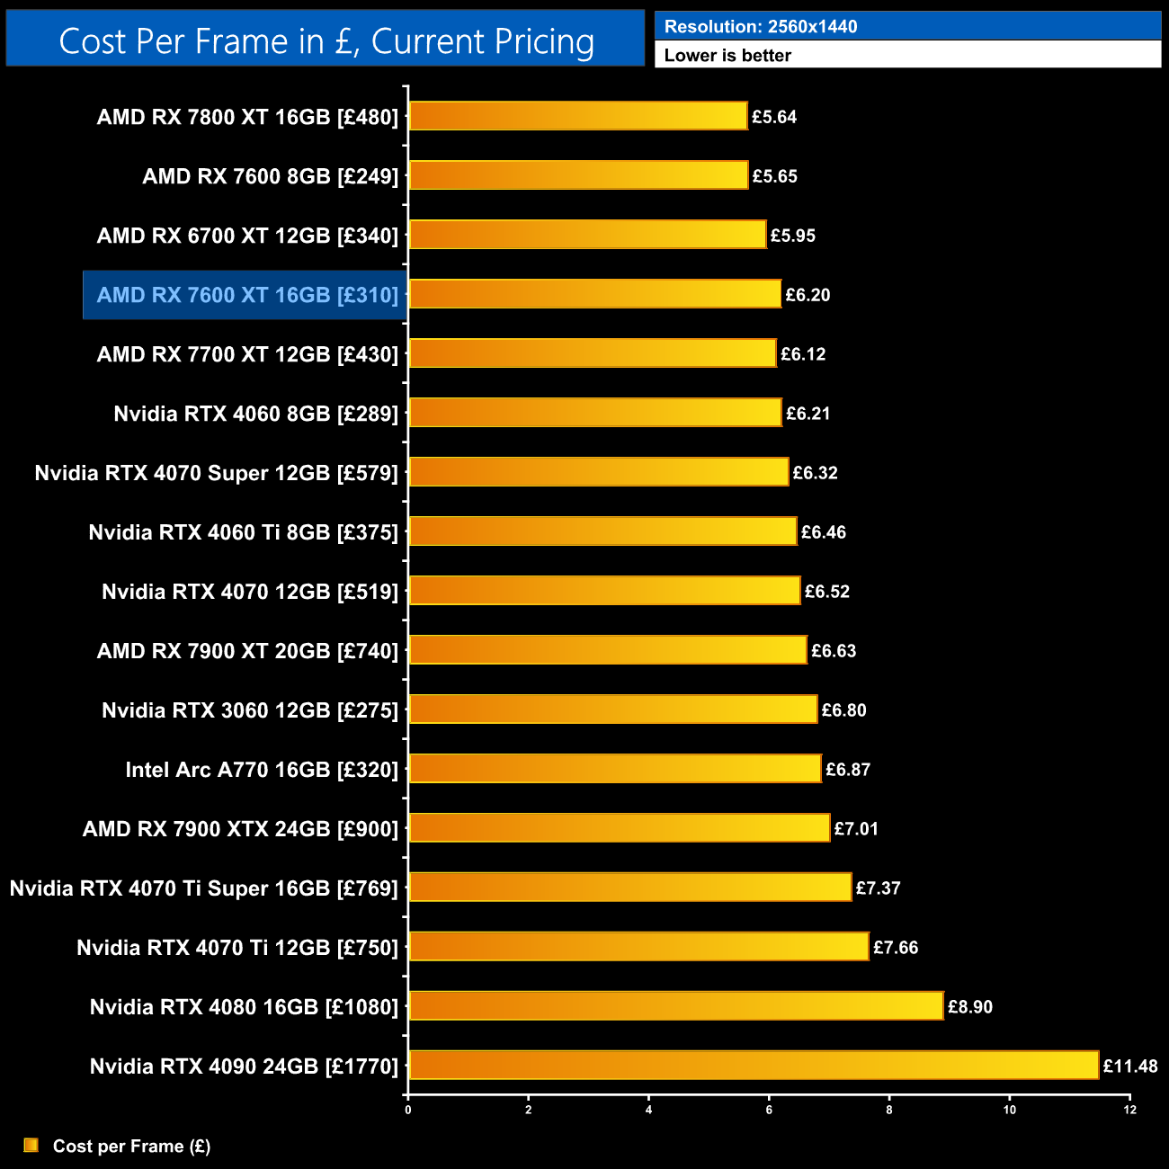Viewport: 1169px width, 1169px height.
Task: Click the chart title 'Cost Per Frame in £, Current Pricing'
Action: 326,41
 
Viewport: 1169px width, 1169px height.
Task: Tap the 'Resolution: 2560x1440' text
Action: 760,27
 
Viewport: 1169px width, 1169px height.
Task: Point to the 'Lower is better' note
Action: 727,56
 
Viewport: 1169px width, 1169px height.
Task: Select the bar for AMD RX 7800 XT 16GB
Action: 578,116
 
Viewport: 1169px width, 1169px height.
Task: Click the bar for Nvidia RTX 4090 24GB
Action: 754,1066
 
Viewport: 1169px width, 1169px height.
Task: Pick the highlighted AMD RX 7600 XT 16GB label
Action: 246,295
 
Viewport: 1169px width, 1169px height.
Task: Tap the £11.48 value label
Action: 1130,1066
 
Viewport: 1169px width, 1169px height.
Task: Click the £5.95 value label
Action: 793,236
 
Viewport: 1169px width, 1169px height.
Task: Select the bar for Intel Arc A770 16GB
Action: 615,769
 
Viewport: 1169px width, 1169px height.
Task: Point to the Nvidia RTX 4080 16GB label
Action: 244,1007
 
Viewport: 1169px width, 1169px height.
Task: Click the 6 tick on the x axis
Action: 769,1110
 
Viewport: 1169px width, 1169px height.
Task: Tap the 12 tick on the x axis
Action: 1129,1110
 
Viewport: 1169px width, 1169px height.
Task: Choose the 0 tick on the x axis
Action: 408,1110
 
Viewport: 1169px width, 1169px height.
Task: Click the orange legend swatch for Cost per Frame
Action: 31,1145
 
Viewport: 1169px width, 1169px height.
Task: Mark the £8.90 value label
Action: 970,1007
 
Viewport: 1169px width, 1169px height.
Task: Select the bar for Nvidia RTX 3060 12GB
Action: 613,709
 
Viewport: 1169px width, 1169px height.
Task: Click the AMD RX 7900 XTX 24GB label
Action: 240,829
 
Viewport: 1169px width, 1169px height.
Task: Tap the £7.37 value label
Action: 878,888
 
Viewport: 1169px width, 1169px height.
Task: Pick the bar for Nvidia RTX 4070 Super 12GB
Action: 599,472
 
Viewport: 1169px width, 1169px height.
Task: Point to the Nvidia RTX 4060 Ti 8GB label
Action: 243,532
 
